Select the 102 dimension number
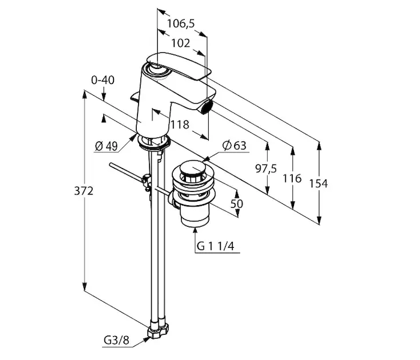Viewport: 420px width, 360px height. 181,43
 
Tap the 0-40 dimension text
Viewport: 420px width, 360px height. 103,80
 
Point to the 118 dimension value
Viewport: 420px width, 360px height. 179,125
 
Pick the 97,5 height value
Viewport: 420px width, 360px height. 266,169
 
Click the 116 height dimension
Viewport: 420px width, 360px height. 292,178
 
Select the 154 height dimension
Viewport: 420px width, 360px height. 319,184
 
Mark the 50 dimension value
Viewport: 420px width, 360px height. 237,203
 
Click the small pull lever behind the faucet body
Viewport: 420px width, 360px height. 134,96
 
